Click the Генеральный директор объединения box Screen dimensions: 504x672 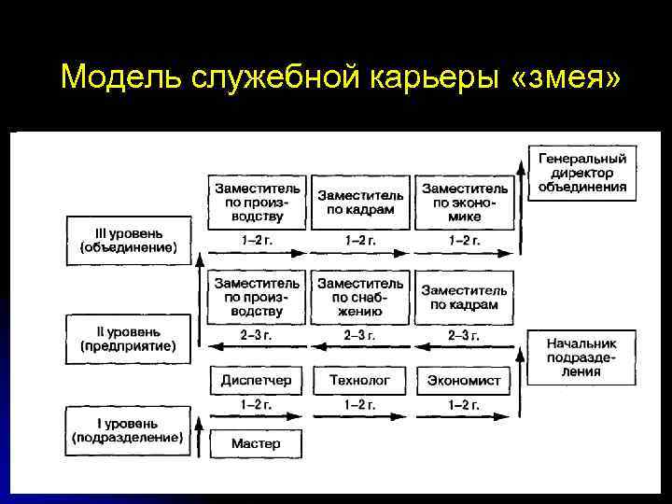582,172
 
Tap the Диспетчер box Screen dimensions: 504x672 256,380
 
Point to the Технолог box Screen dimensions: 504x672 359,380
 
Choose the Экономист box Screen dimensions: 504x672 464,380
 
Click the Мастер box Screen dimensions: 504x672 256,443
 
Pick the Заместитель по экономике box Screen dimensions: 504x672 464,202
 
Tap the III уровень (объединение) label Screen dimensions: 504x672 128,240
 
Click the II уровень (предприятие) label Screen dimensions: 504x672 128,338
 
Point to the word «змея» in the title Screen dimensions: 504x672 566,78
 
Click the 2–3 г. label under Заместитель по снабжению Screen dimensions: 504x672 360,335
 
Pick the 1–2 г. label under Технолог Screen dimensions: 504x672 360,405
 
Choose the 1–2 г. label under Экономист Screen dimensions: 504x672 464,405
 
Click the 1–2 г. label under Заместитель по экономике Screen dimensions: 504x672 464,241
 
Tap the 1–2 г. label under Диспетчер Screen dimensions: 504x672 256,405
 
